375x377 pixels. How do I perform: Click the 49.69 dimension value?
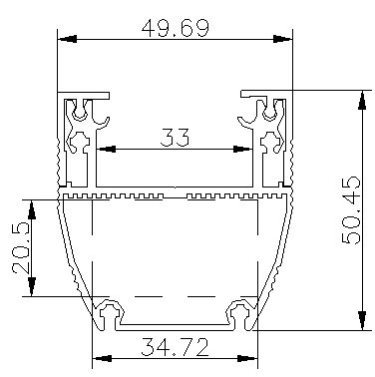click(176, 28)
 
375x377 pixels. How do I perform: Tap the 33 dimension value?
click(175, 138)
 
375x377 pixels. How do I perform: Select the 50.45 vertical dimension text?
click(351, 210)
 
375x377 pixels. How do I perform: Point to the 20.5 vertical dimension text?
click(20, 247)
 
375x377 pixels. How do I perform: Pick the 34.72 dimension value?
click(175, 347)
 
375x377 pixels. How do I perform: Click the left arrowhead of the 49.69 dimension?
click(68, 39)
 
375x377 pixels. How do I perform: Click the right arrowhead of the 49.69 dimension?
click(282, 39)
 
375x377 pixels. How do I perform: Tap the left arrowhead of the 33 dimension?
click(106, 149)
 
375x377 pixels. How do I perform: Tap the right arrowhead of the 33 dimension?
click(242, 149)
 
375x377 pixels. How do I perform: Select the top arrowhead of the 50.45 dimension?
click(362, 100)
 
